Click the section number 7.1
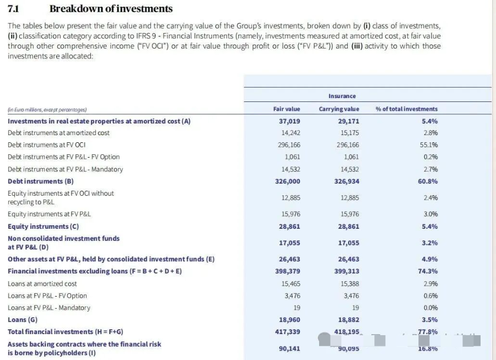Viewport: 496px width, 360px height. [x=14, y=9]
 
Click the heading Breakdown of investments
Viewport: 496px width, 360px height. [x=111, y=9]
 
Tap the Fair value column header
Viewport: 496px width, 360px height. [x=287, y=109]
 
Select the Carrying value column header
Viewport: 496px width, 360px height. [x=339, y=109]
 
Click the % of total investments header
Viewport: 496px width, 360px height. [x=406, y=109]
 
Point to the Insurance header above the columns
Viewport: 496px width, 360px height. [x=342, y=96]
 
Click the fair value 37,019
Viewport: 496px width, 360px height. [x=290, y=121]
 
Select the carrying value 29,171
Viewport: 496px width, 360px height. [x=348, y=121]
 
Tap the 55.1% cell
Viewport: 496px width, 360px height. [x=430, y=145]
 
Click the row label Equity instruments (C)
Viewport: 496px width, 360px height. [x=43, y=227]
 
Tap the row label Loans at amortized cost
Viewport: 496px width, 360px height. [x=42, y=283]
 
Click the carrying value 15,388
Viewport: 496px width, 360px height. [x=349, y=283]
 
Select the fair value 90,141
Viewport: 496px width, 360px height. [x=290, y=348]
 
